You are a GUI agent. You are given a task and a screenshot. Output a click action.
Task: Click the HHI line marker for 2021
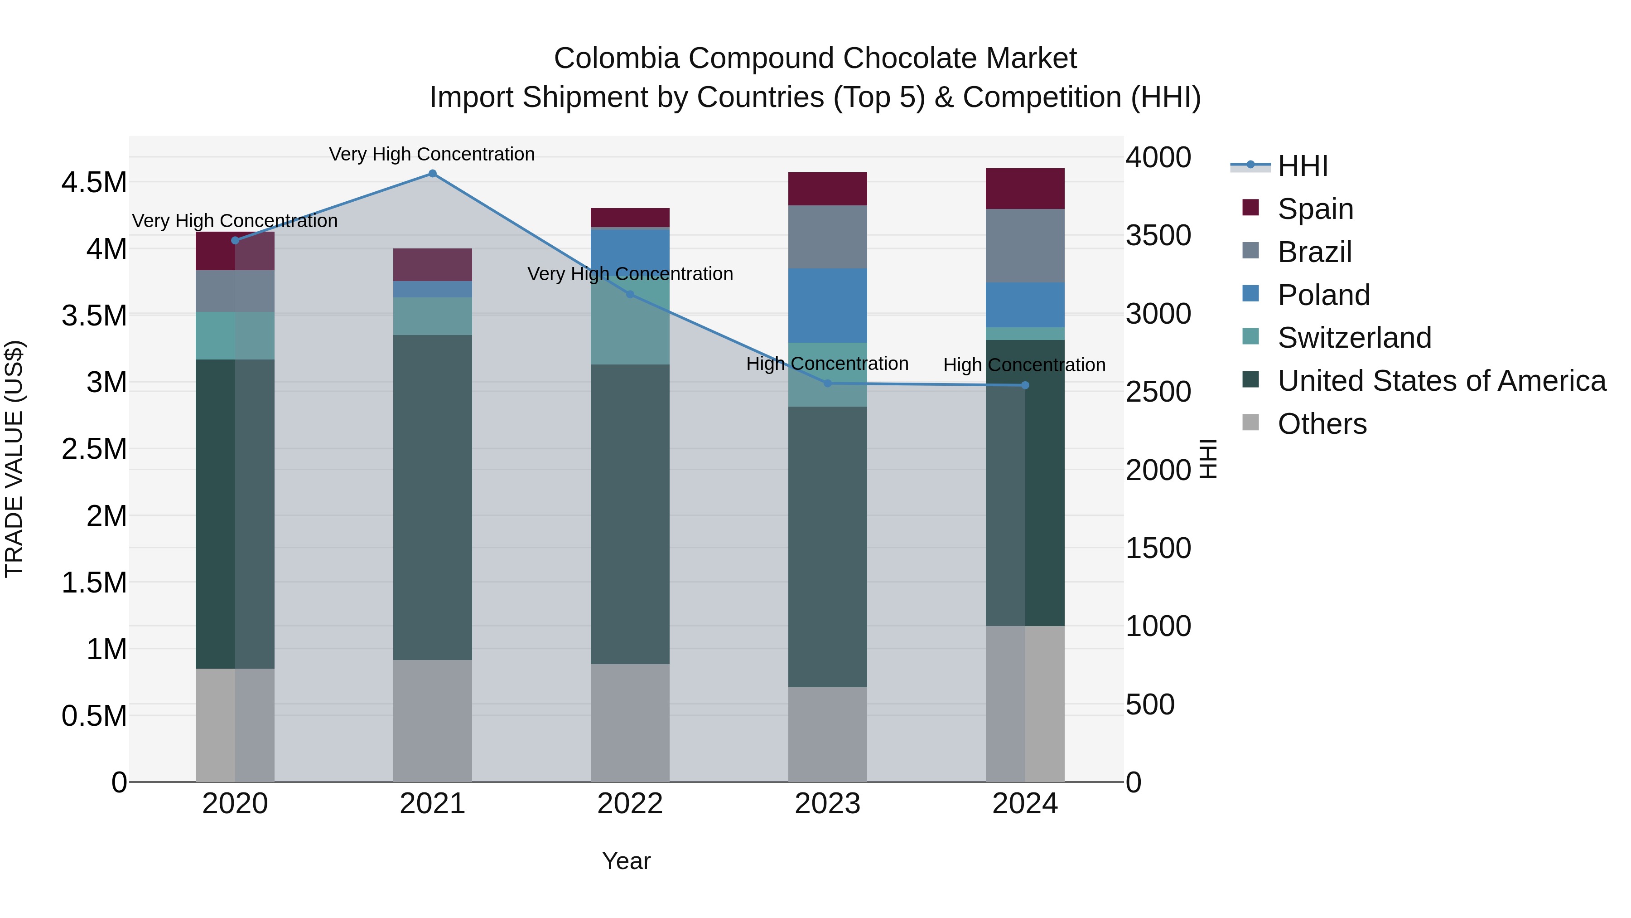433,174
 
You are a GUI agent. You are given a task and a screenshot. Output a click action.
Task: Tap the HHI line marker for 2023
828,383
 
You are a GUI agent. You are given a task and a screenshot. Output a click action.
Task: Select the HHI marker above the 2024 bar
1025,385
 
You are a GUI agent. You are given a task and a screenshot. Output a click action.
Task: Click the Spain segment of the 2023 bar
828,189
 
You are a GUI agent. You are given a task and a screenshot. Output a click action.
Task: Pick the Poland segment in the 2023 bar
828,306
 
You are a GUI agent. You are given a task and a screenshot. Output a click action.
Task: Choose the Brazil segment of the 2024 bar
1025,246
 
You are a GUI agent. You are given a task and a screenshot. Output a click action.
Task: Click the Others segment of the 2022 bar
630,722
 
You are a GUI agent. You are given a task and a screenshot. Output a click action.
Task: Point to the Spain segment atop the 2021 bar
433,265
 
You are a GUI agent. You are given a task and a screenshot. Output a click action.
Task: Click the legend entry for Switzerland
1354,338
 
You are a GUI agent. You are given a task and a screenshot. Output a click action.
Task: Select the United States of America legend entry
1442,381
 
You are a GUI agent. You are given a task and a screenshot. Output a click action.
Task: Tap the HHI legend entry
1303,166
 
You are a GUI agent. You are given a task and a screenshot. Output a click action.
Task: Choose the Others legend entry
1322,424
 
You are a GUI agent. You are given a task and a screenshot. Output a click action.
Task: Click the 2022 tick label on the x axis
630,804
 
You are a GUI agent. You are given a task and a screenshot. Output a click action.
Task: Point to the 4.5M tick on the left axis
94,182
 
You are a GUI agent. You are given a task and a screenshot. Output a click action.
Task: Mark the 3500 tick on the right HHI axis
1158,236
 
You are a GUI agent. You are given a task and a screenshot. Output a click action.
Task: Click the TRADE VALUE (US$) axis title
14,459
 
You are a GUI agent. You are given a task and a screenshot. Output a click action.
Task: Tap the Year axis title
626,861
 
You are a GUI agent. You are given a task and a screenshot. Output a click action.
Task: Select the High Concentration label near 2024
1024,365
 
